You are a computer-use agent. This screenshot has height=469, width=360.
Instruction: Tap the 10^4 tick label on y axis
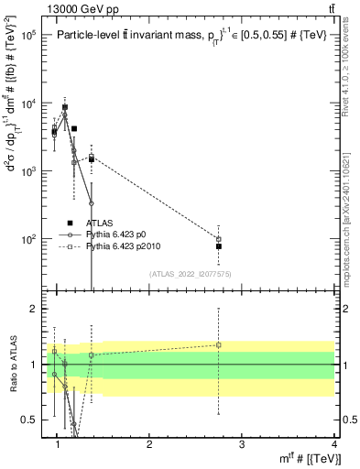click(x=27, y=103)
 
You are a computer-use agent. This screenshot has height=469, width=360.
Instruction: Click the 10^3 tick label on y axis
click(x=27, y=171)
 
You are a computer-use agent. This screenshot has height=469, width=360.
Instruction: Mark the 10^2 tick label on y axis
click(x=27, y=239)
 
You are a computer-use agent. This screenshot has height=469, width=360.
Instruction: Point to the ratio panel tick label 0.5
click(x=30, y=420)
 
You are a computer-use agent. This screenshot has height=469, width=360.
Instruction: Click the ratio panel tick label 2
click(x=35, y=309)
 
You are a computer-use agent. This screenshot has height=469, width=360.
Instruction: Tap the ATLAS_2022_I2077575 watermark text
click(x=191, y=273)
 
